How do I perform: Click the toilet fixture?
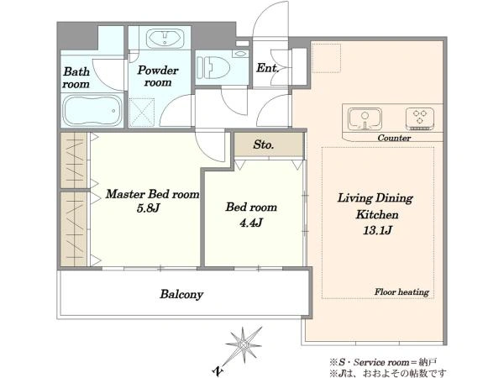[213, 67]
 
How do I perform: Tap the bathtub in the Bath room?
[92, 110]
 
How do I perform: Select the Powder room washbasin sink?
[165, 39]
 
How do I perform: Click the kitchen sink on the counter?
[365, 119]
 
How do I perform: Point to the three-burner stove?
[420, 119]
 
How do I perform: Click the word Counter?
[394, 138]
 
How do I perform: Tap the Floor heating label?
[402, 291]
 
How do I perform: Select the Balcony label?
[181, 295]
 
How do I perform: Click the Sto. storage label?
[264, 144]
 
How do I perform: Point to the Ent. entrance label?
[267, 68]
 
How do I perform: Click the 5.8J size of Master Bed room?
[148, 208]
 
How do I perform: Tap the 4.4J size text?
[251, 223]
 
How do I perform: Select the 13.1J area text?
[377, 230]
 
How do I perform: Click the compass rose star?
[244, 345]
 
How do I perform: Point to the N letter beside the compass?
[218, 371]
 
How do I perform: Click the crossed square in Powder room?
[142, 112]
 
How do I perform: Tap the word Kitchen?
[377, 214]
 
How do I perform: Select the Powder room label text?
[158, 76]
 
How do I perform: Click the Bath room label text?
[76, 77]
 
